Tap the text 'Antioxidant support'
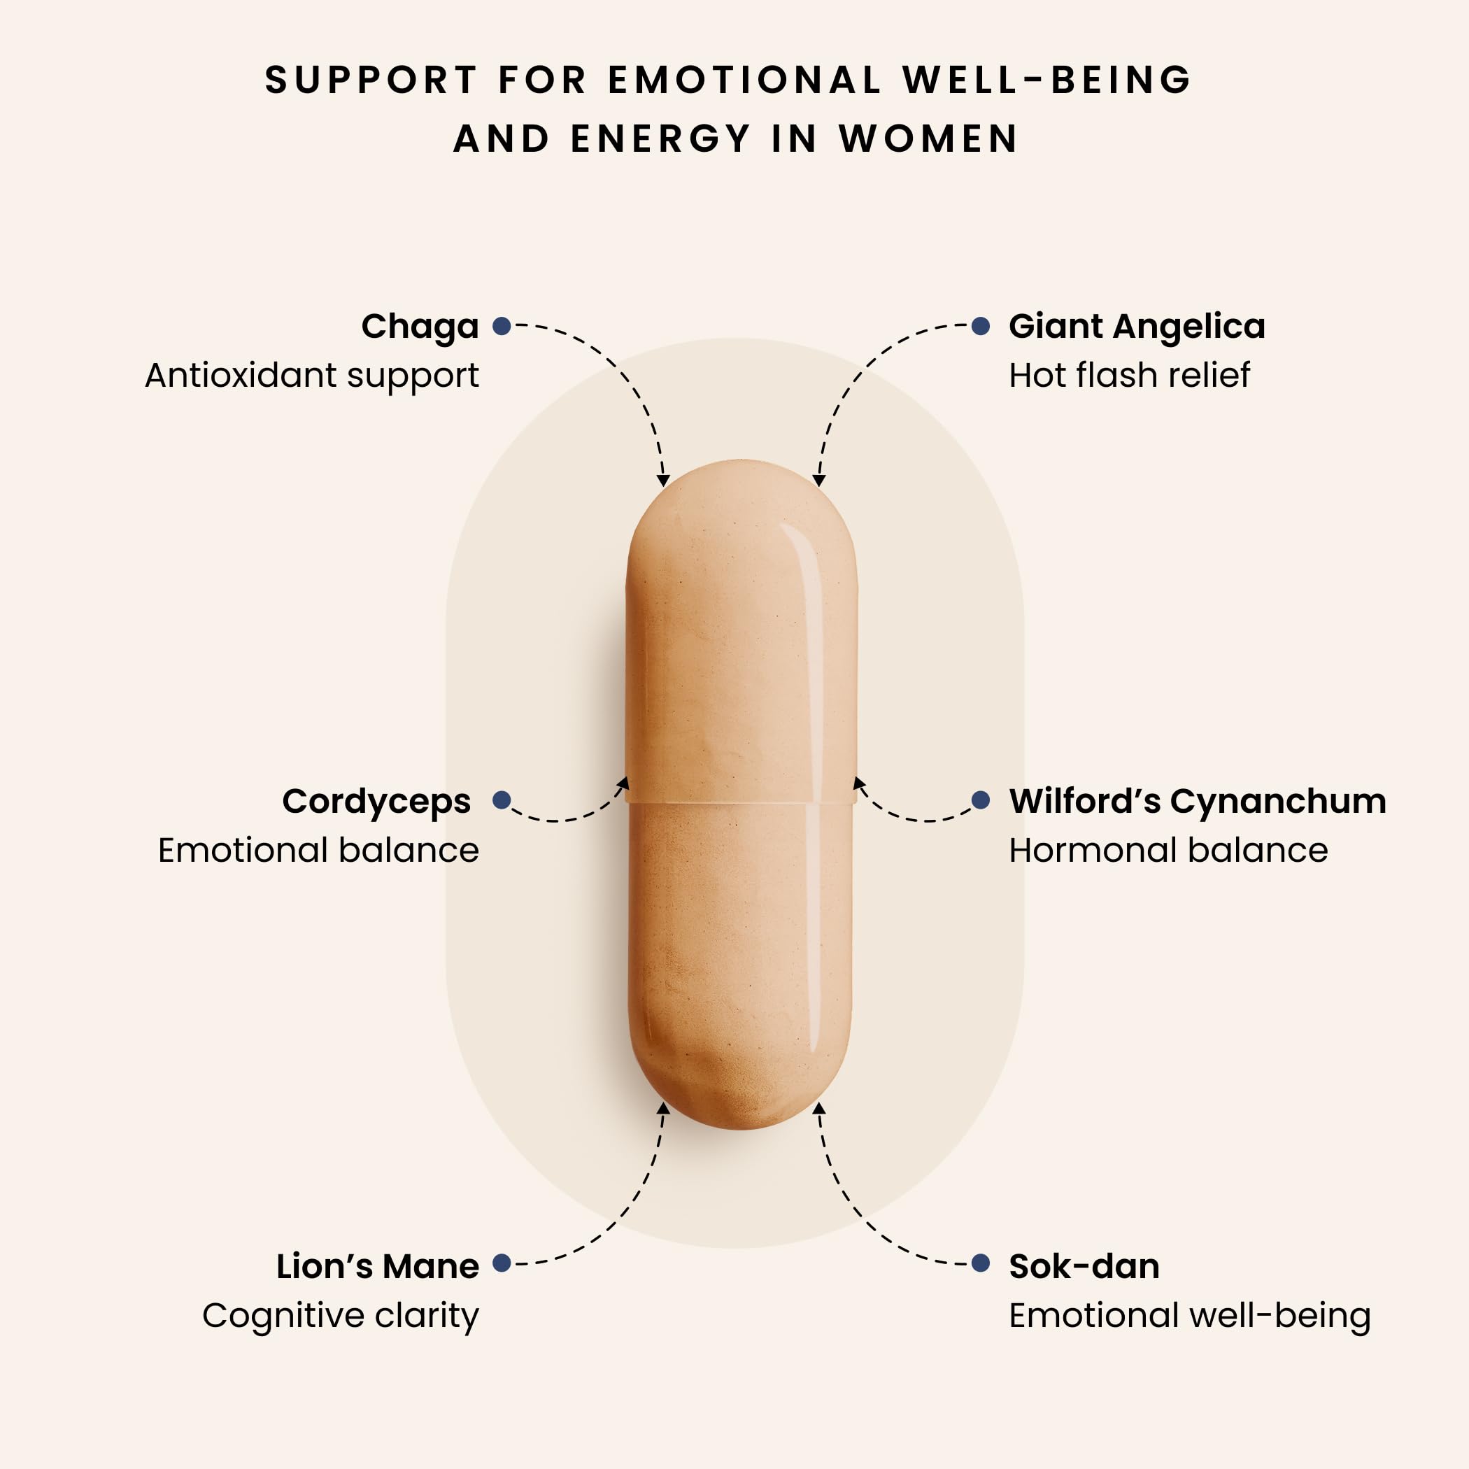coord(312,376)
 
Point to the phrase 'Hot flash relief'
coord(1129,376)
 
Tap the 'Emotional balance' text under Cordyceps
coord(318,850)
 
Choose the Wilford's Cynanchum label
coord(1198,802)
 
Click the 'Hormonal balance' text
coord(1169,850)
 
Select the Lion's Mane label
coord(378,1267)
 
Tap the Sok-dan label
coord(1084,1267)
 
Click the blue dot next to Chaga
coord(502,326)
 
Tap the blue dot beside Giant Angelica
coord(981,326)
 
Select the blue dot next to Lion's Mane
coord(502,1263)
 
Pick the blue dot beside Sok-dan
coord(981,1263)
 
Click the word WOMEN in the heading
coord(928,139)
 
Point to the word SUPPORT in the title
coord(371,80)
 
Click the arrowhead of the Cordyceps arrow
coord(623,783)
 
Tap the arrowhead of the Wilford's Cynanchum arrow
coord(860,783)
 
